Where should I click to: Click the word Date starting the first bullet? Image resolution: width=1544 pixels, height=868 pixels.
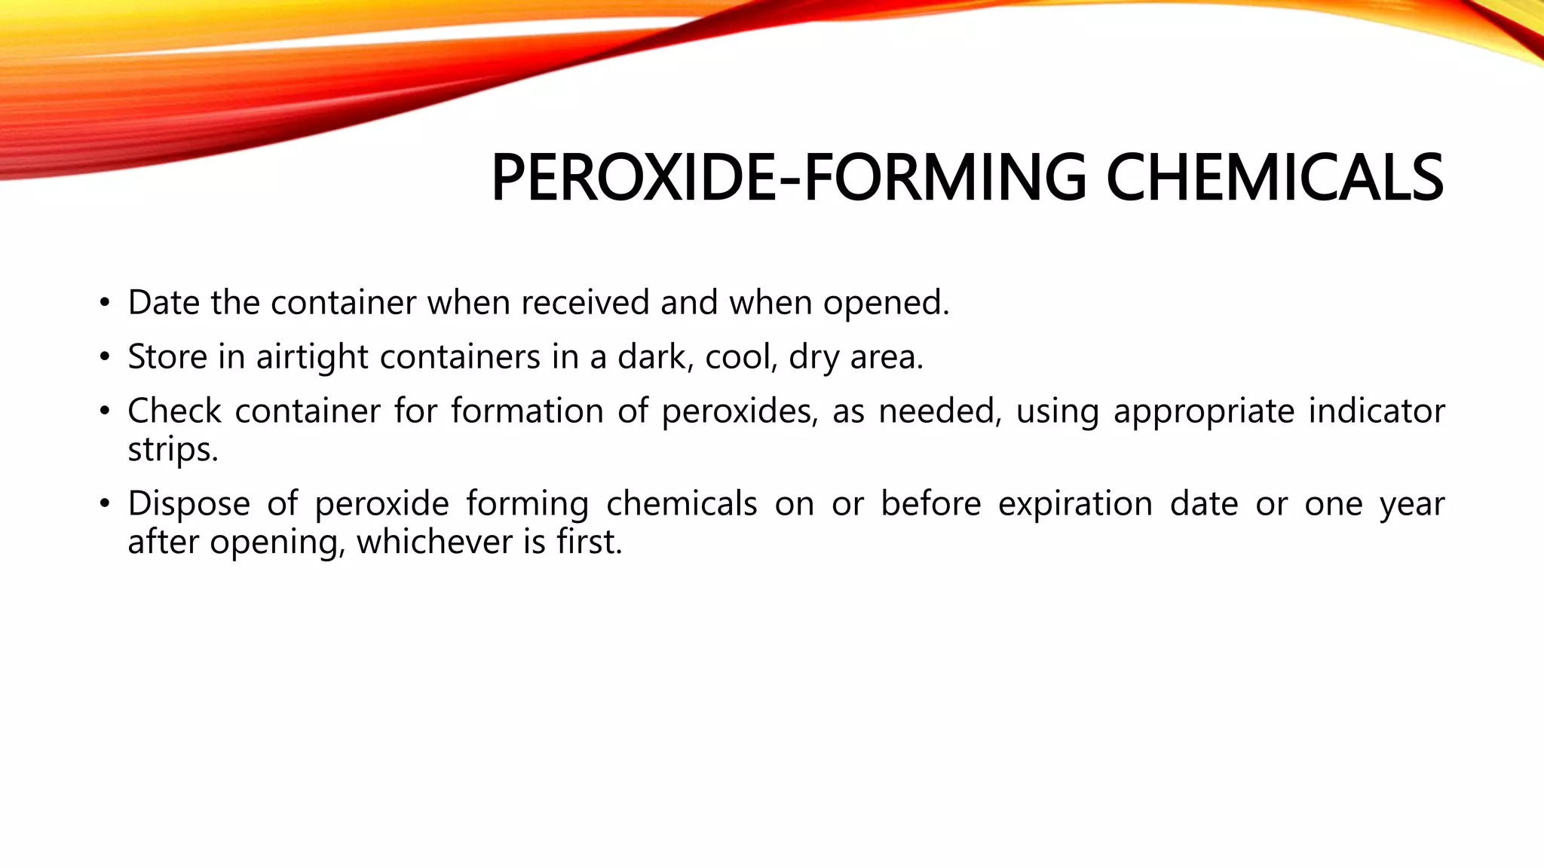(x=164, y=303)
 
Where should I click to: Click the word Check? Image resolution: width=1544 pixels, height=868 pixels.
(x=174, y=411)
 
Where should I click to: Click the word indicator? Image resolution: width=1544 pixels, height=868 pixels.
(x=1377, y=411)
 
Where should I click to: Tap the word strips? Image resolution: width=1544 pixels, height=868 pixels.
(x=172, y=451)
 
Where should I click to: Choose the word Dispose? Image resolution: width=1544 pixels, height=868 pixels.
(x=188, y=504)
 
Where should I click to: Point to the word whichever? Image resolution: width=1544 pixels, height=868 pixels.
(x=423, y=542)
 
